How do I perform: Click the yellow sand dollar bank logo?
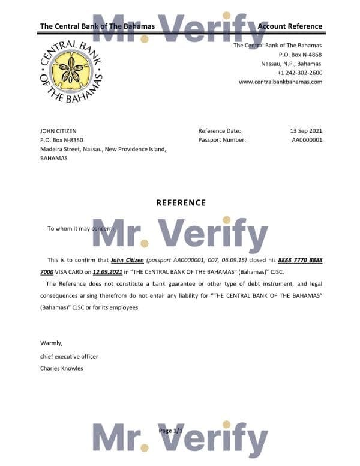(71, 71)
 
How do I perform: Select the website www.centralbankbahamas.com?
(280, 82)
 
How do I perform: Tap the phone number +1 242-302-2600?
(296, 73)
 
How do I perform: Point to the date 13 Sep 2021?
(306, 130)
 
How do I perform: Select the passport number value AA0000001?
(307, 140)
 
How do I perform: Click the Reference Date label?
(219, 130)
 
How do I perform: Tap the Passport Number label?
(221, 140)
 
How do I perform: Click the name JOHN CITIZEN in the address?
(58, 130)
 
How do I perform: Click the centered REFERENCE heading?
(181, 203)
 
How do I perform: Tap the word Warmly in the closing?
(51, 343)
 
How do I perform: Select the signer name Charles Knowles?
(61, 368)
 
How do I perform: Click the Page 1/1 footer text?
(170, 431)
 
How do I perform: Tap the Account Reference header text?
(290, 26)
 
